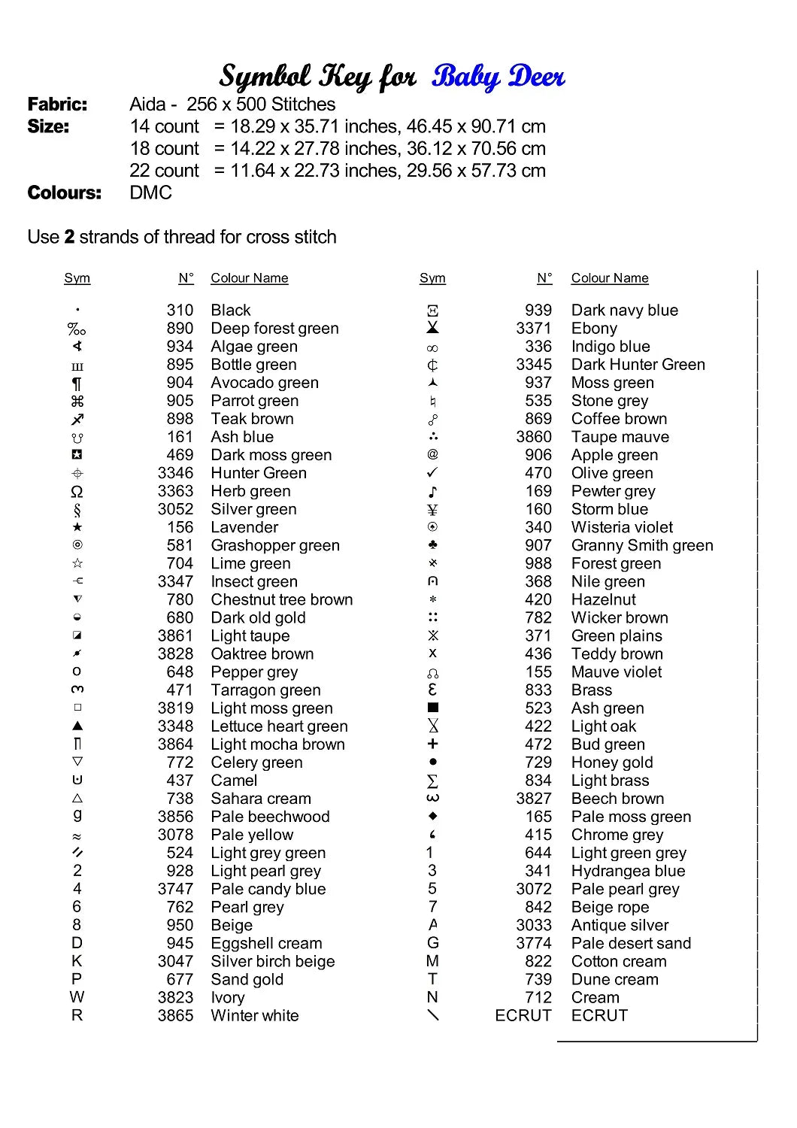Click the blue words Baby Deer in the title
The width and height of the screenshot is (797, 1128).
tap(498, 77)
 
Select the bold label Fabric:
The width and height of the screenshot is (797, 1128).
tap(57, 105)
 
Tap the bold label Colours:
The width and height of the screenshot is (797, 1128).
tap(64, 193)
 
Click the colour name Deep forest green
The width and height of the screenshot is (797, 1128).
tap(274, 329)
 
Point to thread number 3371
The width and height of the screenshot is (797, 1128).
tap(534, 329)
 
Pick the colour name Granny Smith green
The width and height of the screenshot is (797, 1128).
tap(641, 546)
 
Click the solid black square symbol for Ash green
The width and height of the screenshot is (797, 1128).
tap(432, 708)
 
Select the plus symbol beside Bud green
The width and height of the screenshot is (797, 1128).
tap(432, 744)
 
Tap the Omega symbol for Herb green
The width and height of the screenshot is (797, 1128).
tap(77, 492)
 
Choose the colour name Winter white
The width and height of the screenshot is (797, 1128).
tap(254, 1016)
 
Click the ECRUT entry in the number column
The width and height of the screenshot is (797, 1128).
tap(523, 1016)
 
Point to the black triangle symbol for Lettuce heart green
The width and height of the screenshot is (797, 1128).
tap(77, 726)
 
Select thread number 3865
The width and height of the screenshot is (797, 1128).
tap(175, 1016)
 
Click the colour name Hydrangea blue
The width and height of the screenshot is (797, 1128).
tap(628, 871)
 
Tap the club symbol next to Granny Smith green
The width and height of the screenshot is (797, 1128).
tap(432, 545)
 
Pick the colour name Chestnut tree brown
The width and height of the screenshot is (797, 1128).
tap(281, 600)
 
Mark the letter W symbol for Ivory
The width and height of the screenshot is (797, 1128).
tap(77, 997)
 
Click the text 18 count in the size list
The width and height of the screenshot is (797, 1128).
tap(165, 149)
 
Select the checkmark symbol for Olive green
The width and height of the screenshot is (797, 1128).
tap(432, 473)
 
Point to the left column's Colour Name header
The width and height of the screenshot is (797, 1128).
tap(249, 278)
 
